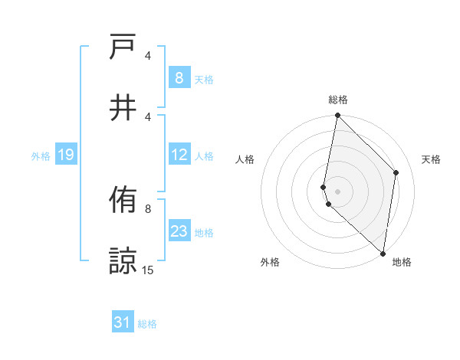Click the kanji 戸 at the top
click(x=123, y=48)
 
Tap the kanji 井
click(x=123, y=106)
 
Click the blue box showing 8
click(x=179, y=77)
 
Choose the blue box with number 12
click(x=179, y=155)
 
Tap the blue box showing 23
click(x=179, y=232)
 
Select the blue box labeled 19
click(x=65, y=155)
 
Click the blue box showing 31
click(x=123, y=322)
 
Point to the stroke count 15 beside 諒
click(x=148, y=270)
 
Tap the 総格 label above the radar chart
click(x=337, y=100)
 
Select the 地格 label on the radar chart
click(x=402, y=262)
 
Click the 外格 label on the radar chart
click(x=270, y=262)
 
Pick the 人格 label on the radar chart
click(x=245, y=159)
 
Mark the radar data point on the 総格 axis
click(x=337, y=116)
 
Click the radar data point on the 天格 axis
click(x=396, y=172)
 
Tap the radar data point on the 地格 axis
click(x=383, y=254)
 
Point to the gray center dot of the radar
click(x=337, y=191)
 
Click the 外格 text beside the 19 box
click(x=41, y=156)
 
